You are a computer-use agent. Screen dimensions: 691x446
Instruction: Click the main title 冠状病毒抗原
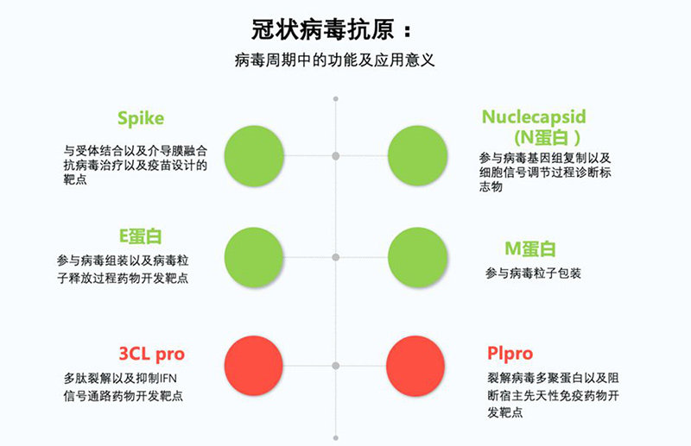322,30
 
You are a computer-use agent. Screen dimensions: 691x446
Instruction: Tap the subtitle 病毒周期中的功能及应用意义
335,60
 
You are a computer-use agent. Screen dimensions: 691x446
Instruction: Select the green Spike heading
141,118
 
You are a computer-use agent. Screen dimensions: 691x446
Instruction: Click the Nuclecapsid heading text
534,117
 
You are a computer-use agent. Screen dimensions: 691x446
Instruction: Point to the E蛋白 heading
141,236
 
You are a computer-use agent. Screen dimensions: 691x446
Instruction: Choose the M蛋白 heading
529,248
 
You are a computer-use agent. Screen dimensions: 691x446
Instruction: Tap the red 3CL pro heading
152,354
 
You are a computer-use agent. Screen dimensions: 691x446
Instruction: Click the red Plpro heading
510,353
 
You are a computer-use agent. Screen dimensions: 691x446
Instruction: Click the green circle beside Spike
254,156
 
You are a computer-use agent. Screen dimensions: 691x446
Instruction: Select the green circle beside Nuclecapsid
418,156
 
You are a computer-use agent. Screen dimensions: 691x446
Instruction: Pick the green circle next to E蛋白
254,257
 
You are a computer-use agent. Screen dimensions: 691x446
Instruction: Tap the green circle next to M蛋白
418,257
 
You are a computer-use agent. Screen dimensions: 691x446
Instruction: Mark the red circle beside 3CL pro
254,366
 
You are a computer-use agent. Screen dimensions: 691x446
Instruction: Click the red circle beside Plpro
415,366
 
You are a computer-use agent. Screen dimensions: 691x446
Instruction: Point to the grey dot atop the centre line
336,99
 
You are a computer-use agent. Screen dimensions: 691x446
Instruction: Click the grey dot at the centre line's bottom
336,438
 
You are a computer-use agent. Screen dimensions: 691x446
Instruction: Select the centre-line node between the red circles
336,366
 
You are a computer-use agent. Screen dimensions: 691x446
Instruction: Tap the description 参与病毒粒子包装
533,273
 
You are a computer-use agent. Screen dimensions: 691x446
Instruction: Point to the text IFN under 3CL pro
168,379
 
